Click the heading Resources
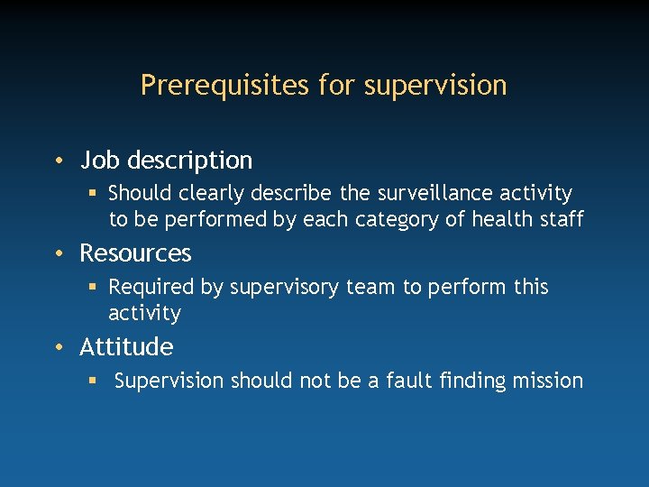pyautogui.click(x=135, y=253)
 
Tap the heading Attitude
pyautogui.click(x=126, y=347)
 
